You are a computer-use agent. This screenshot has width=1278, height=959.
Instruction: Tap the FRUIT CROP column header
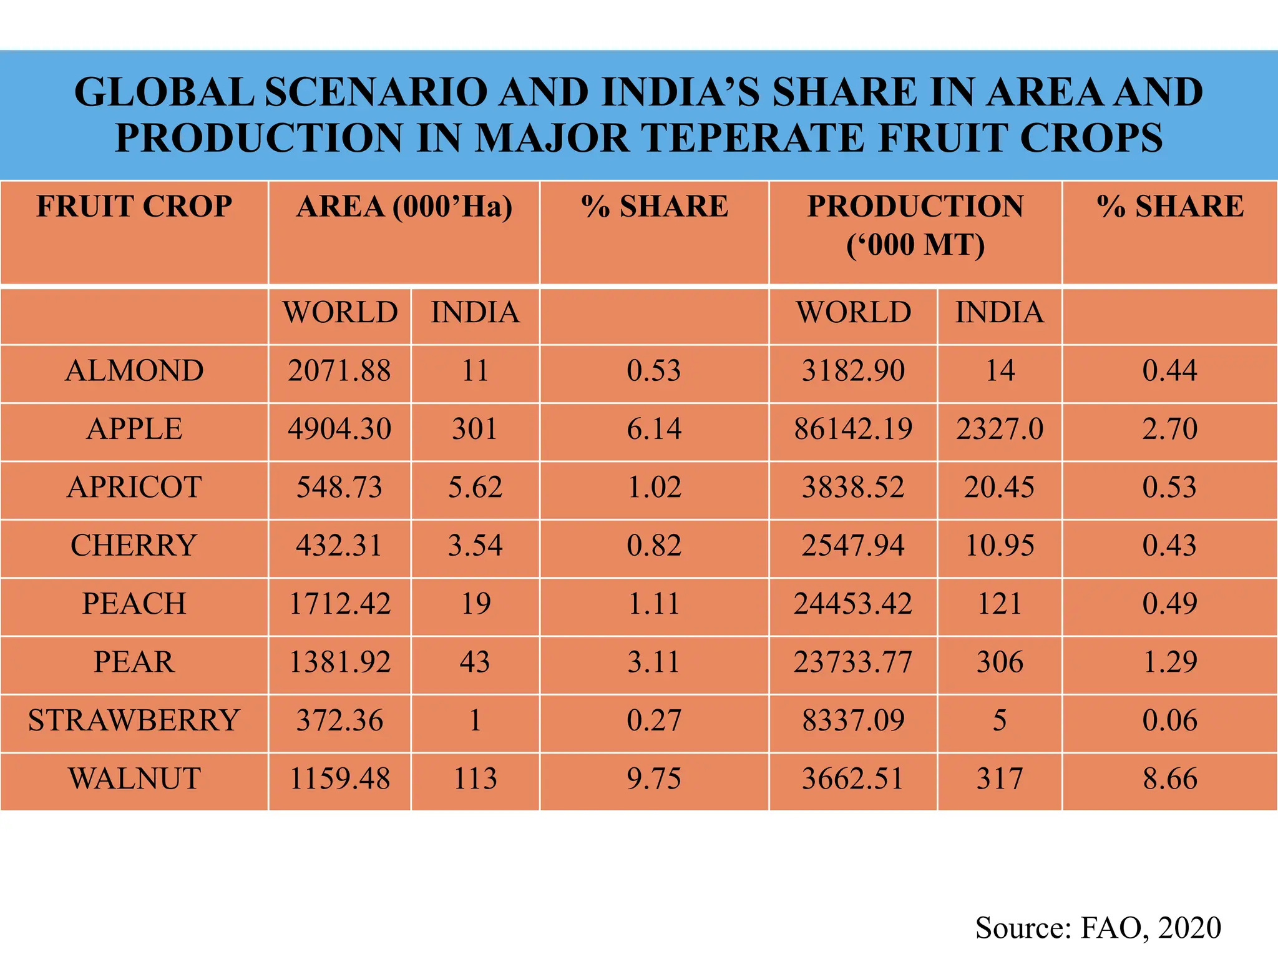(134, 207)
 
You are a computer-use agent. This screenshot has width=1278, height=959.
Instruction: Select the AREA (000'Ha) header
(404, 207)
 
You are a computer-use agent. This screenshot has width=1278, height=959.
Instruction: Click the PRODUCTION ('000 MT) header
(915, 225)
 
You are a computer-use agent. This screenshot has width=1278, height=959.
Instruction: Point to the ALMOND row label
(134, 371)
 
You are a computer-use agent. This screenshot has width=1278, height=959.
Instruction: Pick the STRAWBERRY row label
(134, 720)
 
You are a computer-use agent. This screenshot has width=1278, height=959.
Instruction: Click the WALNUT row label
(134, 779)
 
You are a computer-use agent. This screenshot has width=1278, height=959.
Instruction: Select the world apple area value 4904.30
(339, 429)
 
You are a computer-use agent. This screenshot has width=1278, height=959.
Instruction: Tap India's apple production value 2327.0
(1000, 429)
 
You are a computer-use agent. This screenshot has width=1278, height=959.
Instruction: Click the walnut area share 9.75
(654, 779)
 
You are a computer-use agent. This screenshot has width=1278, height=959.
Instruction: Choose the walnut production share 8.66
(1170, 779)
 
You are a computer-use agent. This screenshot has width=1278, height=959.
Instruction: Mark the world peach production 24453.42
(853, 604)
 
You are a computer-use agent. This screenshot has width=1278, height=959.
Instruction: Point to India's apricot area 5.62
(475, 487)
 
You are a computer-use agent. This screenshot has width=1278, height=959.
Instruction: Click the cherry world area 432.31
(339, 545)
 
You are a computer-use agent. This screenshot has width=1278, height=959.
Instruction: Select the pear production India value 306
(1000, 662)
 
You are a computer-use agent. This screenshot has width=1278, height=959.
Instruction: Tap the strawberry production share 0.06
(1170, 720)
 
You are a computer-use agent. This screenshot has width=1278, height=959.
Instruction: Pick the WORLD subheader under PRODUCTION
(853, 312)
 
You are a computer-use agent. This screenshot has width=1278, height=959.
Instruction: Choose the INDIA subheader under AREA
(475, 312)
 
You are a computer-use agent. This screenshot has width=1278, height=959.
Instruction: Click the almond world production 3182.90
(853, 371)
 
